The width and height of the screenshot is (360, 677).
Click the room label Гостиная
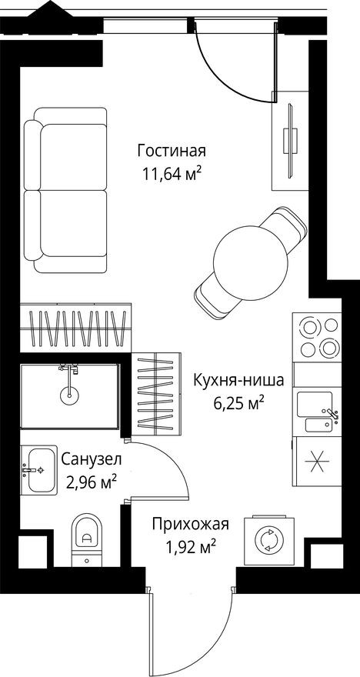pos(172,149)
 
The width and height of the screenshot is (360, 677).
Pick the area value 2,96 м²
pos(91,482)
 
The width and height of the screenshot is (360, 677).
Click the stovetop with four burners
pos(317,338)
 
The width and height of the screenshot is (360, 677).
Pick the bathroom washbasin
pos(38,469)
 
